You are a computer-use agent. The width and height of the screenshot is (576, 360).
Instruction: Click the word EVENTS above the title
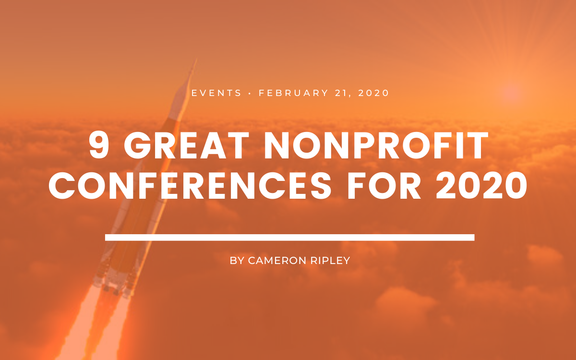coord(216,93)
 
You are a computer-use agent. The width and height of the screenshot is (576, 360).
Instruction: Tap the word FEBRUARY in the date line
coord(293,93)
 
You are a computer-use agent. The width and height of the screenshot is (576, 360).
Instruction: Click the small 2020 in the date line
coord(373,93)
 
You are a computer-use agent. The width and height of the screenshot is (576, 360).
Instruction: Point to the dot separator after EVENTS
coord(250,93)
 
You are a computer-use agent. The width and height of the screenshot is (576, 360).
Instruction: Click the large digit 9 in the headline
coord(98,145)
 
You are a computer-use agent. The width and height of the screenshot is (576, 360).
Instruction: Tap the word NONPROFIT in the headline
coord(376,145)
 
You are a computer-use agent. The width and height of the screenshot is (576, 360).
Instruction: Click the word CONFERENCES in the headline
coord(190,185)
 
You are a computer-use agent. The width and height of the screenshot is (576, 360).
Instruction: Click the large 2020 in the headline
coord(481,185)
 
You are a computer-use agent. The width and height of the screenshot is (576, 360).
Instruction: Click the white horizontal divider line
coord(290,238)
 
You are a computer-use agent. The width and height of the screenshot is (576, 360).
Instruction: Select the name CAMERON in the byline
coord(277,261)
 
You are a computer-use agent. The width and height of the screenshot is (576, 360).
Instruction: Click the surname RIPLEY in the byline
coord(330,261)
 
